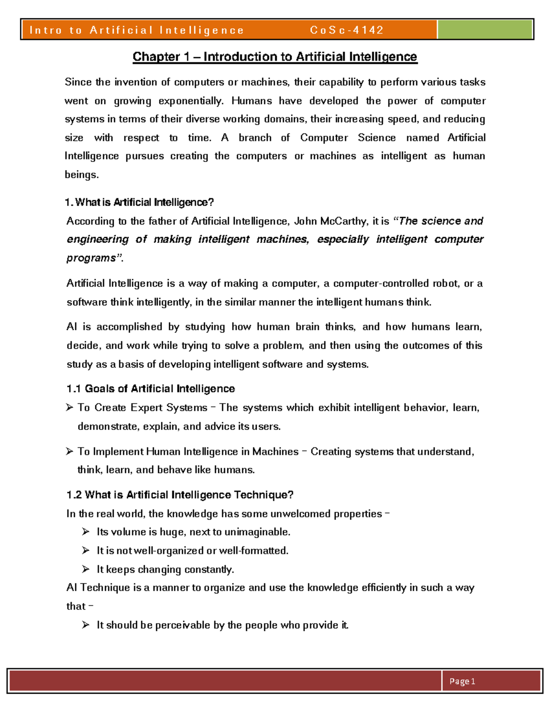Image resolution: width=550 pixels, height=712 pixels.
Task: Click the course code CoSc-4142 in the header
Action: (346, 30)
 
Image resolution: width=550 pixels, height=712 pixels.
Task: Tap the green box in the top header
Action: (484, 30)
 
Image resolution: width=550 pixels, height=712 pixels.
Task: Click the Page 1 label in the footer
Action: (462, 681)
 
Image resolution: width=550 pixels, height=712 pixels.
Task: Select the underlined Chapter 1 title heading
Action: (275, 57)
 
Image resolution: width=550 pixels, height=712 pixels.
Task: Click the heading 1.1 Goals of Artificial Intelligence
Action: (150, 389)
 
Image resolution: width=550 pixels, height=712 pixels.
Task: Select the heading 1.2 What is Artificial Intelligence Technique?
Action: (180, 495)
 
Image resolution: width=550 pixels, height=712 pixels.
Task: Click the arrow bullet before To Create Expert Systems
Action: (70, 408)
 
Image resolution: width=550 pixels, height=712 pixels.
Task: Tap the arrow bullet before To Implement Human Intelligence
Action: (70, 452)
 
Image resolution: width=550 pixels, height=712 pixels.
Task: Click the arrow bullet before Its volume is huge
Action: (86, 532)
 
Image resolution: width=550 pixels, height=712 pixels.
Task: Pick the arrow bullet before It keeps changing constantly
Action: (86, 569)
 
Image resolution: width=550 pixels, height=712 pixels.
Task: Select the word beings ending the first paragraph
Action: (81, 175)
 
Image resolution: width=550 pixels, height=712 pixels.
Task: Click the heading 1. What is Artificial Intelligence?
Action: (140, 203)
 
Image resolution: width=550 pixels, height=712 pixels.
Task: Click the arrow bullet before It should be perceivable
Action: (86, 625)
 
